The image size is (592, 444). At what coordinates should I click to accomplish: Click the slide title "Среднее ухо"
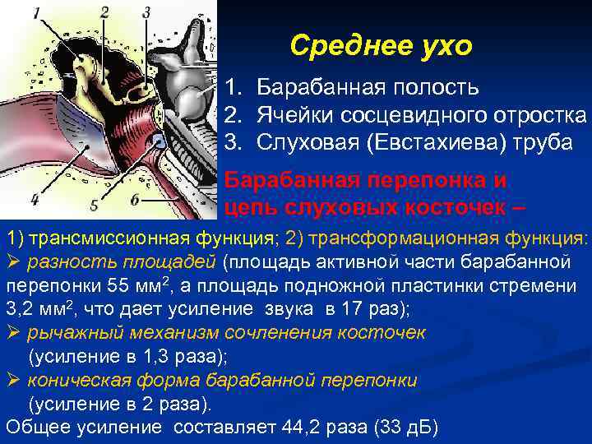point(381,46)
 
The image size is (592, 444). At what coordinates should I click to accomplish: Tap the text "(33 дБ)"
point(405,428)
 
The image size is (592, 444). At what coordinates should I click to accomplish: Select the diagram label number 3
point(146,12)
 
